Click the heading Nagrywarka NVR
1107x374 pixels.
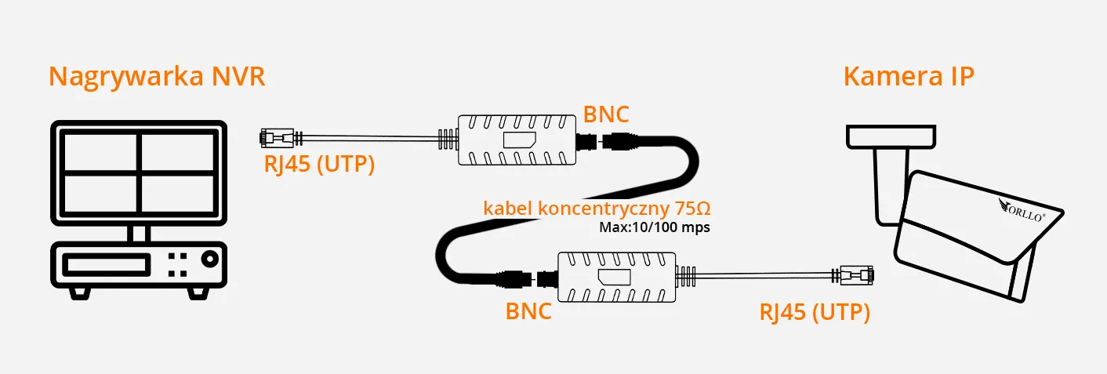(157, 77)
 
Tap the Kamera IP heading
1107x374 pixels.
(909, 77)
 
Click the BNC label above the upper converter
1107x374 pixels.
(606, 114)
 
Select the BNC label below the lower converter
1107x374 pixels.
(528, 310)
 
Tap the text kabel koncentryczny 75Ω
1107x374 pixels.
(597, 209)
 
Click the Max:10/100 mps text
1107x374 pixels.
(653, 228)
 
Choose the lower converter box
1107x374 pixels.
(616, 277)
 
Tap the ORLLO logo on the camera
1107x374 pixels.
(1022, 211)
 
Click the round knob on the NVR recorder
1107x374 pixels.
(209, 259)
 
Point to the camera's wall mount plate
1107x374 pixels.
(891, 136)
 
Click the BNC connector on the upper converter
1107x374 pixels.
(589, 142)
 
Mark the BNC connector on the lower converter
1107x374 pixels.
(546, 278)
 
